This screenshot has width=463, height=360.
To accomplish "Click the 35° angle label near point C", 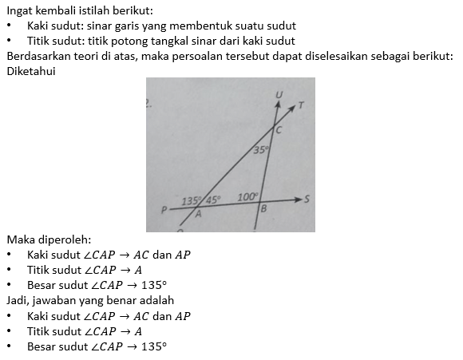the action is tap(262, 149).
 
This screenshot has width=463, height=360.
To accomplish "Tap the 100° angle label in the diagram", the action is tap(247, 196).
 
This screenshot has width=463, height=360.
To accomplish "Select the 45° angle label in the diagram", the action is tap(213, 200).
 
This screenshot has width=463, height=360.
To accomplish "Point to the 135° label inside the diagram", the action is tap(192, 200).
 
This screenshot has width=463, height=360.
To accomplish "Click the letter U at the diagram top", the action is tap(279, 95).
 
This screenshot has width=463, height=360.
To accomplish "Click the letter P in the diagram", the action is tap(164, 211).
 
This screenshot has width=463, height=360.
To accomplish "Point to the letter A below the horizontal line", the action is tap(199, 214).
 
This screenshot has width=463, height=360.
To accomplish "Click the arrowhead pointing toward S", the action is tap(297, 200).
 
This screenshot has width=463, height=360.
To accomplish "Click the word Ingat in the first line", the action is tap(20, 10).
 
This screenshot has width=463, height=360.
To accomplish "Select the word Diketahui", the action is tap(31, 71).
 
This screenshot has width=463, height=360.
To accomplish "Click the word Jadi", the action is tap(18, 300).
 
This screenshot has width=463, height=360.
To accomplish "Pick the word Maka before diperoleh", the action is tap(20, 239).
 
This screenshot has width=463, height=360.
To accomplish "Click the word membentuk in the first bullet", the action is tap(198, 26).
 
